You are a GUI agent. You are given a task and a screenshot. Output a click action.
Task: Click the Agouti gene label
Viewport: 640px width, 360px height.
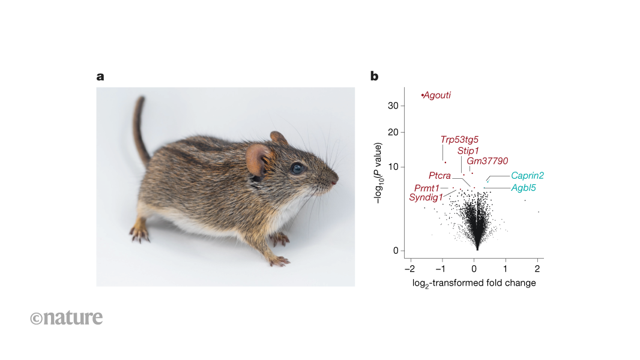click(437, 95)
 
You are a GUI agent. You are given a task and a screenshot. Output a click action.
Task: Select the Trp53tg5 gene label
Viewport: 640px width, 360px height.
click(459, 139)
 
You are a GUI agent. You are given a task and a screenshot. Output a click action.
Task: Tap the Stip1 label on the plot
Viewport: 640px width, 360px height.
click(468, 150)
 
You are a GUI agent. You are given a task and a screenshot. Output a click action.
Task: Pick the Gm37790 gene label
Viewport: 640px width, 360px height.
click(488, 161)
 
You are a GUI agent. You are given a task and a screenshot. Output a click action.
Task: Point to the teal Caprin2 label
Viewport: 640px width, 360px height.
click(527, 176)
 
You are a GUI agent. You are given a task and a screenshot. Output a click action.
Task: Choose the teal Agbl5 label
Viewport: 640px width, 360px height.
click(524, 188)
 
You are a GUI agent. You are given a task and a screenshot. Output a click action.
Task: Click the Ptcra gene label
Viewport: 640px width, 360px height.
click(439, 176)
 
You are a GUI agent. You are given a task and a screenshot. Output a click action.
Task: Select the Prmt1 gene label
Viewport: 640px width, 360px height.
click(427, 188)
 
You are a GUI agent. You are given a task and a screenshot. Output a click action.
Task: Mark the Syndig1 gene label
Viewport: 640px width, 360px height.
click(426, 197)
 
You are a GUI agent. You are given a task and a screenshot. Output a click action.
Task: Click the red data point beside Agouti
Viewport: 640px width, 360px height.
click(423, 95)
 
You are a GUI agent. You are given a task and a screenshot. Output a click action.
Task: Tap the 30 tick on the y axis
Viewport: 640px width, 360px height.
click(393, 106)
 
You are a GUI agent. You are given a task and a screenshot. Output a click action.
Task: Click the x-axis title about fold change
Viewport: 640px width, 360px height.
click(474, 283)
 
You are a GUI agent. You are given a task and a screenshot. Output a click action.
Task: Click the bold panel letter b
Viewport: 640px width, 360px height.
click(374, 76)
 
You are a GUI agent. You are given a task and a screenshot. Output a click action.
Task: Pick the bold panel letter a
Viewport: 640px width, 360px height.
click(100, 76)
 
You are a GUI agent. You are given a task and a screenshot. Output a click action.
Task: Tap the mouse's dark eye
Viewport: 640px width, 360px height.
click(297, 169)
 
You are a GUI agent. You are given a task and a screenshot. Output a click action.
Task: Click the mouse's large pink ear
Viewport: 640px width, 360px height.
click(259, 160)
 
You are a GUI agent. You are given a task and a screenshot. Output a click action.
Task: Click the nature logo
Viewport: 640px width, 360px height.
click(67, 317)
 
